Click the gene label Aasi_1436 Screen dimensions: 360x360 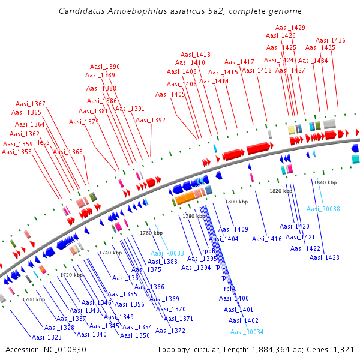(x=331, y=40)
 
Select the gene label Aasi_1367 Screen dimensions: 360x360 (x=31, y=104)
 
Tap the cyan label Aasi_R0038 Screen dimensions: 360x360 (x=323, y=209)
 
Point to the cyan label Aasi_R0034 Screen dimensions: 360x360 (x=247, y=332)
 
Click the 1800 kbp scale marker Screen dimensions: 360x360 (x=236, y=202)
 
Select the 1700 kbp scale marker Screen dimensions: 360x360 (x=34, y=299)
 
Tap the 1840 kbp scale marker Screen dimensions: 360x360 (x=325, y=182)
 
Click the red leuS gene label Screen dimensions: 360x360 (x=43, y=143)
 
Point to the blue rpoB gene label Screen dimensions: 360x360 (x=208, y=251)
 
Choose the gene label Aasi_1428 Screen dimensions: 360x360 (x=325, y=257)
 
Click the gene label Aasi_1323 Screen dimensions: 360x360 (x=46, y=337)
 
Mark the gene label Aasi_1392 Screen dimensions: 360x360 (x=151, y=120)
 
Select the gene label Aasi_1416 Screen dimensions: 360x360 (x=267, y=239)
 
